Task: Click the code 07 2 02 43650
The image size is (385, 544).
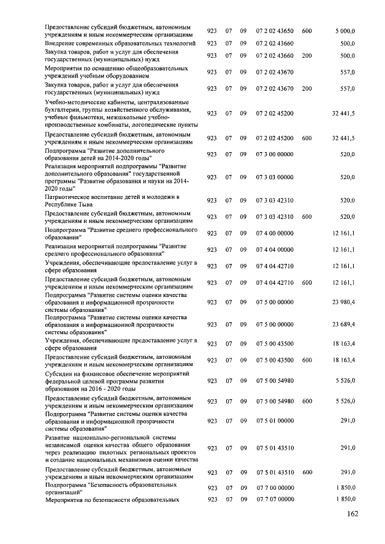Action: click(275, 31)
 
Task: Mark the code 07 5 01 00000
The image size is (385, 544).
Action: click(275, 421)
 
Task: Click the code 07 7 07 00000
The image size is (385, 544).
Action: click(275, 500)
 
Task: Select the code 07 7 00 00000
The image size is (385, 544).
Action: click(275, 487)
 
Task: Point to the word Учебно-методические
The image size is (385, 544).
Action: click(76, 103)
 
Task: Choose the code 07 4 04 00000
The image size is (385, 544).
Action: click(275, 249)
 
